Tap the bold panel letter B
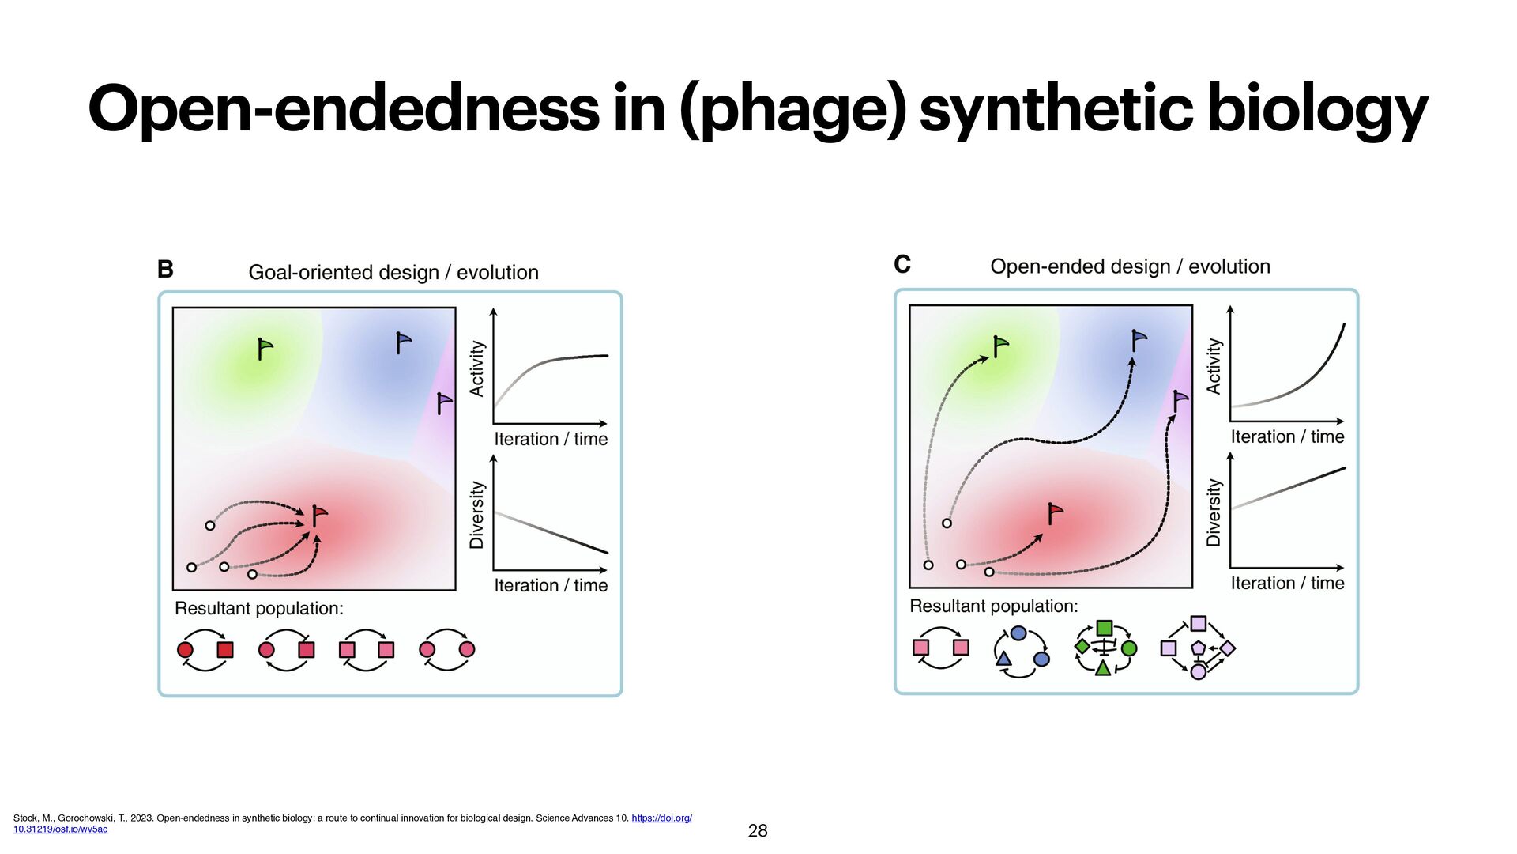coord(165,270)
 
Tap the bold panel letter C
coord(902,264)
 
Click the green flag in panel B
coord(264,348)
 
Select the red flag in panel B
coord(318,516)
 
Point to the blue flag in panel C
coord(1138,340)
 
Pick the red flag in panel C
coord(1054,512)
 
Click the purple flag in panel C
coord(1180,401)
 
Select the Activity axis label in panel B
coord(476,368)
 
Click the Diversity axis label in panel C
coord(1214,512)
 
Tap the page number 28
coord(757,830)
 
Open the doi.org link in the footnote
coord(661,818)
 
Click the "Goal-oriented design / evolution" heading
coord(393,273)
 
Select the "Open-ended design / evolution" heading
coord(1130,267)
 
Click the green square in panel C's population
coord(1104,629)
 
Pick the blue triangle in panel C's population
coord(1003,659)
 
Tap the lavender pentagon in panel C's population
coord(1198,648)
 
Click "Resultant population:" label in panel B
coord(258,609)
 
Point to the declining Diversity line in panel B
coord(551,533)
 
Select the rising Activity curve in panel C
coord(1304,380)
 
